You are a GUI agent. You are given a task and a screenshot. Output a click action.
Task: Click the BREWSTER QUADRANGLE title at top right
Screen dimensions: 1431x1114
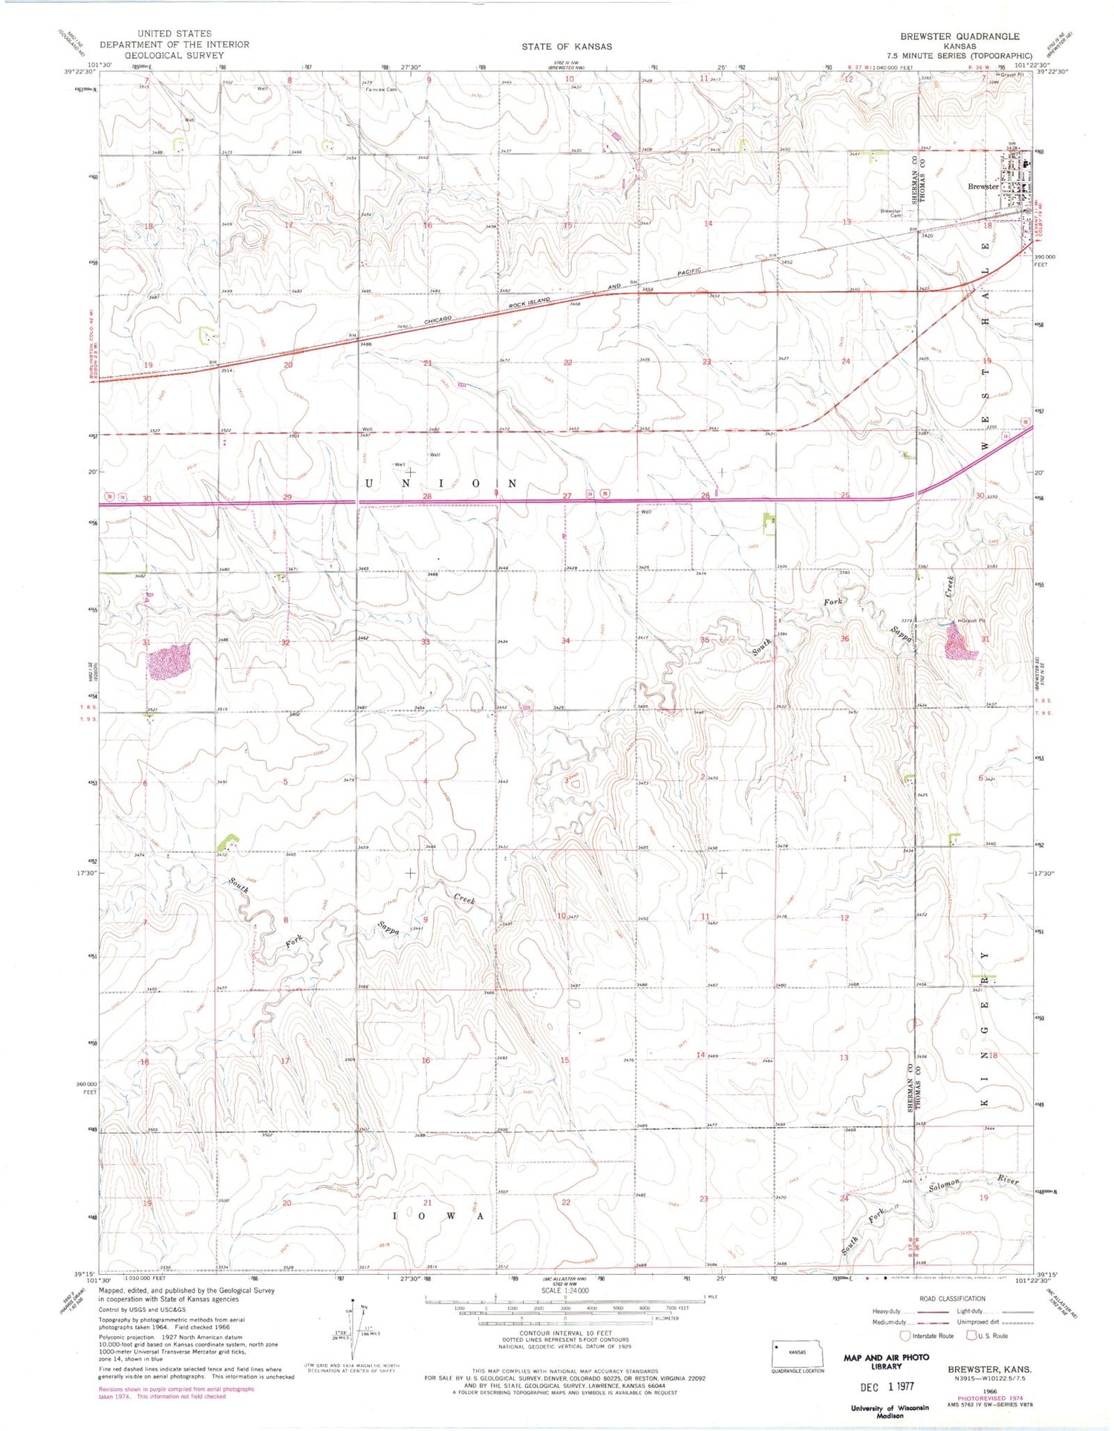[x=960, y=36]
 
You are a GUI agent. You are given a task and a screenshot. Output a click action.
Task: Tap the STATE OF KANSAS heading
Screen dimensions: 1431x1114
[x=567, y=46]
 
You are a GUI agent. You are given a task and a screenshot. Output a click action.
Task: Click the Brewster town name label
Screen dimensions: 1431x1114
[x=983, y=186]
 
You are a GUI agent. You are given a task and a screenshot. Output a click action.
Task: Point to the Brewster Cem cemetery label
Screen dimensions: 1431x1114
[x=890, y=212]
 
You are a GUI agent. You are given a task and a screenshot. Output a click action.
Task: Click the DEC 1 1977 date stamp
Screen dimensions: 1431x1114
[x=887, y=1386]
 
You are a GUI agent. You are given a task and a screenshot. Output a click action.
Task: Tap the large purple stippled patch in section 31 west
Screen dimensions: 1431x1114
[x=169, y=661]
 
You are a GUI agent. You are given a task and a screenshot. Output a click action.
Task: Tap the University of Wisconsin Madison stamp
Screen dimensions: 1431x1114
[x=890, y=1411]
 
